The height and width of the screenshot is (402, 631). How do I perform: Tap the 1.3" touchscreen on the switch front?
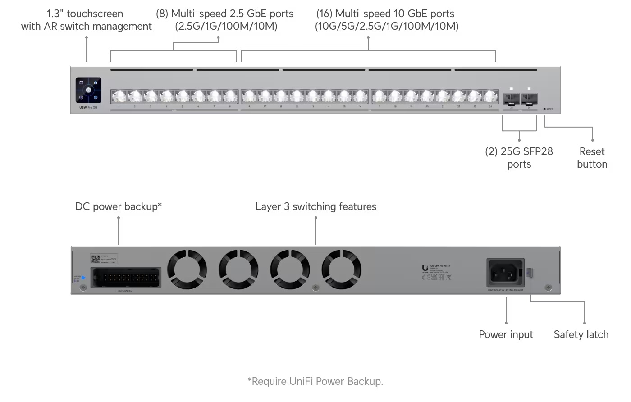coord(88,90)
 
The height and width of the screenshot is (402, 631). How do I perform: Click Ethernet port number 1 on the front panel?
coord(119,96)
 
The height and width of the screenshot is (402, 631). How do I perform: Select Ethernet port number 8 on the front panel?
coord(230,96)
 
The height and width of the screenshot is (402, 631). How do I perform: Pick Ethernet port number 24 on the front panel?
coord(490,96)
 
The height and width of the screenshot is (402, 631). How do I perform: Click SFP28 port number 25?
coord(511,98)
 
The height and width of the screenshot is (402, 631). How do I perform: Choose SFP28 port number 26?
coord(529,98)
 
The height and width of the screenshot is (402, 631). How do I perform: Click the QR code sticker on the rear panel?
coord(95,259)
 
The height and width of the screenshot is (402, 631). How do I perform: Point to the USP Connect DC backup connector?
coord(126,278)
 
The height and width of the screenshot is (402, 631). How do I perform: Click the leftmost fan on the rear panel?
coord(187,270)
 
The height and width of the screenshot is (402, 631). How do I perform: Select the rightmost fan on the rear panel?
coord(341,270)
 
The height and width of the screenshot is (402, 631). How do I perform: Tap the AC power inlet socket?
coord(505,273)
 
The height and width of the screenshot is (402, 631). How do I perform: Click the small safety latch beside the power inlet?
coord(530,273)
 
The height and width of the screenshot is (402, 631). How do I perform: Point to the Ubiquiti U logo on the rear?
coord(425,268)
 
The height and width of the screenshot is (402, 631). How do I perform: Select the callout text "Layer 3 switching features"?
coord(315,206)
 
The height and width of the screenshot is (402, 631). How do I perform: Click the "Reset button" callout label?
coord(592,158)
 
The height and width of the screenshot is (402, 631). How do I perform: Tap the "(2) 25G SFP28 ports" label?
coord(519,158)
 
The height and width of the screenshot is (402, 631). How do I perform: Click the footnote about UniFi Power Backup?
coord(315,381)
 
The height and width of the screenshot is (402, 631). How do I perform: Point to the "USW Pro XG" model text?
coord(88,107)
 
